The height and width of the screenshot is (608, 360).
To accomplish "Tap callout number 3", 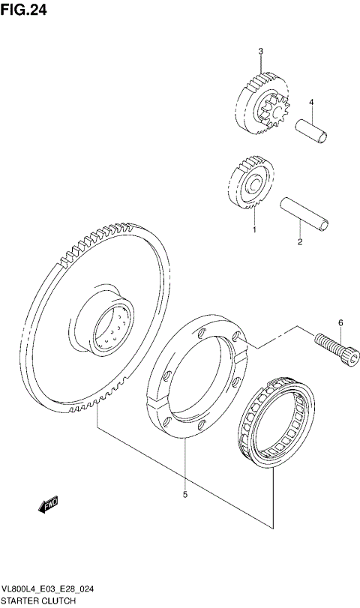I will [260, 51].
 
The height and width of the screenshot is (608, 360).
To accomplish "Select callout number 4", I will [311, 103].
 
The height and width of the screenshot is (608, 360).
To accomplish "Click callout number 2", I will [299, 241].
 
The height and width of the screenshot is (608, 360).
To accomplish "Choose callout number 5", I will [184, 494].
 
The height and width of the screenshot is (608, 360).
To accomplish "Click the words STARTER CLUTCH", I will [34, 602].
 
